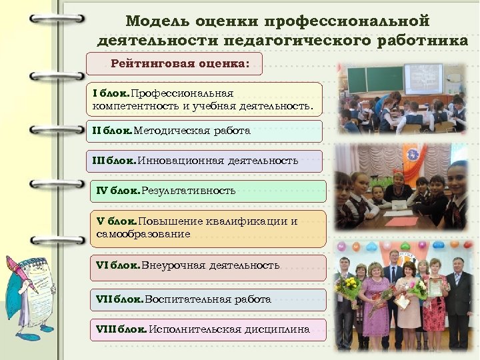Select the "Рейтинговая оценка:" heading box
(x=175, y=64)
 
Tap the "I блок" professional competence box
(x=207, y=99)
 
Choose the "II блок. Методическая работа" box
(x=207, y=131)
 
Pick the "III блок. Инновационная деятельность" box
(x=207, y=161)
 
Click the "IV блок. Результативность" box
(x=208, y=191)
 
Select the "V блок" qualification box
(x=208, y=229)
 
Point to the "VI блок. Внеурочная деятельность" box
(x=208, y=266)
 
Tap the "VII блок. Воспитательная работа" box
(x=208, y=299)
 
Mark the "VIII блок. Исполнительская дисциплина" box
(x=208, y=329)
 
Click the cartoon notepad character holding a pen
(x=27, y=293)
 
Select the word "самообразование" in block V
(x=143, y=234)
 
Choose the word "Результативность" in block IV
(x=189, y=191)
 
